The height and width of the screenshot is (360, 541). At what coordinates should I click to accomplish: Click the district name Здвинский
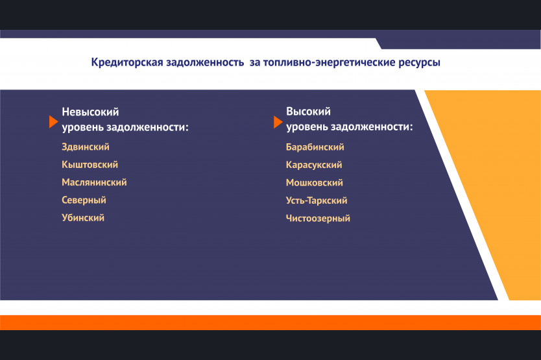86,147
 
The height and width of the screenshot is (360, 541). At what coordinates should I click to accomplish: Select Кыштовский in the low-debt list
90,165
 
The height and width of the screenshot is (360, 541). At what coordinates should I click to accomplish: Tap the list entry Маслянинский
94,182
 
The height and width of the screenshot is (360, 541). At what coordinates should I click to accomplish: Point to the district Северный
84,200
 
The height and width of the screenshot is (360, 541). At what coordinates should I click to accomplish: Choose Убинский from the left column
83,218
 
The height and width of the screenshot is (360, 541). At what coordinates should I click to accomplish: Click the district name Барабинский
315,147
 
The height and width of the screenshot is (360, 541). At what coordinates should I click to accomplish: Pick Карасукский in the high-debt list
314,165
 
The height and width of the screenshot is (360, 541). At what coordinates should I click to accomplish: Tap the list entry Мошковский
315,182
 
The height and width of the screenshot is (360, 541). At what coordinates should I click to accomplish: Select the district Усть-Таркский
317,200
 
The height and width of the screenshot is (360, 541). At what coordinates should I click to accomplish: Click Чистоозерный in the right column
318,218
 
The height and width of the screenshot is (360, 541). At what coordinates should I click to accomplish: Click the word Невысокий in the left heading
90,112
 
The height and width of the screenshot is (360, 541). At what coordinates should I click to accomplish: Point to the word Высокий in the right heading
309,112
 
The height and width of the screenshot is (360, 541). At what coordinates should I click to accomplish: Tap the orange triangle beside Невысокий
53,122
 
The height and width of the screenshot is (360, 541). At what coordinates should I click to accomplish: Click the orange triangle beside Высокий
278,122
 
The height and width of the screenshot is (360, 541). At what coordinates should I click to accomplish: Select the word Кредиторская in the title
127,62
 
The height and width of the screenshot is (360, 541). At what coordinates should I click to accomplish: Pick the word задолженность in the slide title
205,62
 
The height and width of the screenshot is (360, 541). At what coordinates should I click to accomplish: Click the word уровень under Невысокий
83,127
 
